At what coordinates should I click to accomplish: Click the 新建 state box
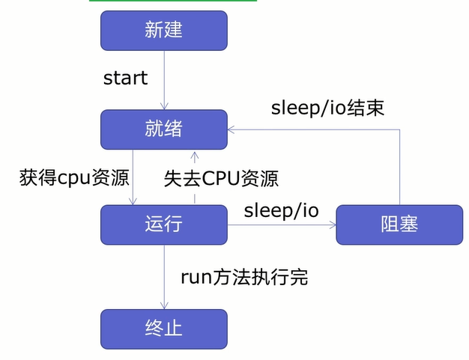[163, 30]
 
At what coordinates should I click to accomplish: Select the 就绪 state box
[163, 129]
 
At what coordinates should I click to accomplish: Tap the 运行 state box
[163, 224]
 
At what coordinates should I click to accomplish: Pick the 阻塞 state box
[399, 224]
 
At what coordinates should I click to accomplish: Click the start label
[125, 78]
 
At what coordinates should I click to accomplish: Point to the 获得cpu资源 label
[74, 178]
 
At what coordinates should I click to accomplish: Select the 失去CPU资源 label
[221, 178]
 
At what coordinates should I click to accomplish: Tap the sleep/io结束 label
[327, 108]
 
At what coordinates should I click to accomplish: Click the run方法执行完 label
[244, 277]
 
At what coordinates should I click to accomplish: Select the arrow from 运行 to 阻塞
[281, 224]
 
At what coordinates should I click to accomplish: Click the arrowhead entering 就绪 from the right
[232, 129]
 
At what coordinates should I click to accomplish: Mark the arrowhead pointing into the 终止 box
[163, 304]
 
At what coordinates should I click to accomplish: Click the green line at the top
[173, 1]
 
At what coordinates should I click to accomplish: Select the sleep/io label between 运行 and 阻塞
[281, 210]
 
